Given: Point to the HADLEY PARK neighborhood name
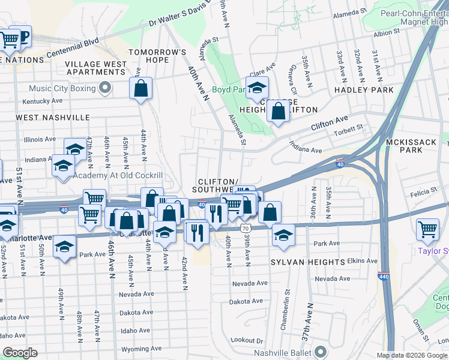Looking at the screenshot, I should pos(364,90).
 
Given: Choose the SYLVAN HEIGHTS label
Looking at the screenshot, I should pos(308,262).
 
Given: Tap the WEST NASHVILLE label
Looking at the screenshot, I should pos(53,118).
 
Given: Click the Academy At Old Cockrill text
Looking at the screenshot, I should pos(118,175).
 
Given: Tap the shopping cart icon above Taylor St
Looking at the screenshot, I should pos(427,229).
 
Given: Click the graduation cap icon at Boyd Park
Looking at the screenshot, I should pos(257,88).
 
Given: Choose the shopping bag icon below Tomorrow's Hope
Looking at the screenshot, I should pos(140,88).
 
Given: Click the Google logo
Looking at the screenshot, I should pos(20,353).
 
